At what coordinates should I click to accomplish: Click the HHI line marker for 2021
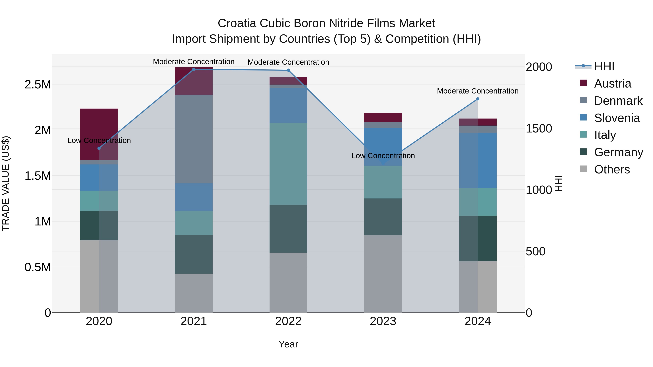click(194, 69)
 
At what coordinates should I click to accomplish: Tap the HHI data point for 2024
click(478, 99)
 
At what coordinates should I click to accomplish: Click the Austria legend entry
click(612, 84)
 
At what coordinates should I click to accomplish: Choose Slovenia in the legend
click(617, 118)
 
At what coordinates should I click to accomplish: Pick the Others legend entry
click(612, 169)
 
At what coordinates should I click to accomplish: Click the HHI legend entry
click(604, 66)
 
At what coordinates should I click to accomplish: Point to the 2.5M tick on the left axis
click(38, 85)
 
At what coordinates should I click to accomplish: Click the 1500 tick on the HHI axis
click(539, 128)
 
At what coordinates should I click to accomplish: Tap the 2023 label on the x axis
click(383, 321)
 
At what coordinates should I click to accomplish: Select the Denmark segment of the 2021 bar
click(194, 139)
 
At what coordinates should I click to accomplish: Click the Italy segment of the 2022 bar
click(288, 164)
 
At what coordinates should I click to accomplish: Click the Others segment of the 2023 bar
click(383, 273)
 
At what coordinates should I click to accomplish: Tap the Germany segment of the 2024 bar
click(478, 238)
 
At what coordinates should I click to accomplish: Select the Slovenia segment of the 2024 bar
click(478, 160)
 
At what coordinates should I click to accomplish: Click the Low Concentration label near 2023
click(383, 156)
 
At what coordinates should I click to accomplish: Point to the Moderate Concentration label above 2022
click(288, 62)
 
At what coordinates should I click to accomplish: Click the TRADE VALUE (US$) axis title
click(6, 183)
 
